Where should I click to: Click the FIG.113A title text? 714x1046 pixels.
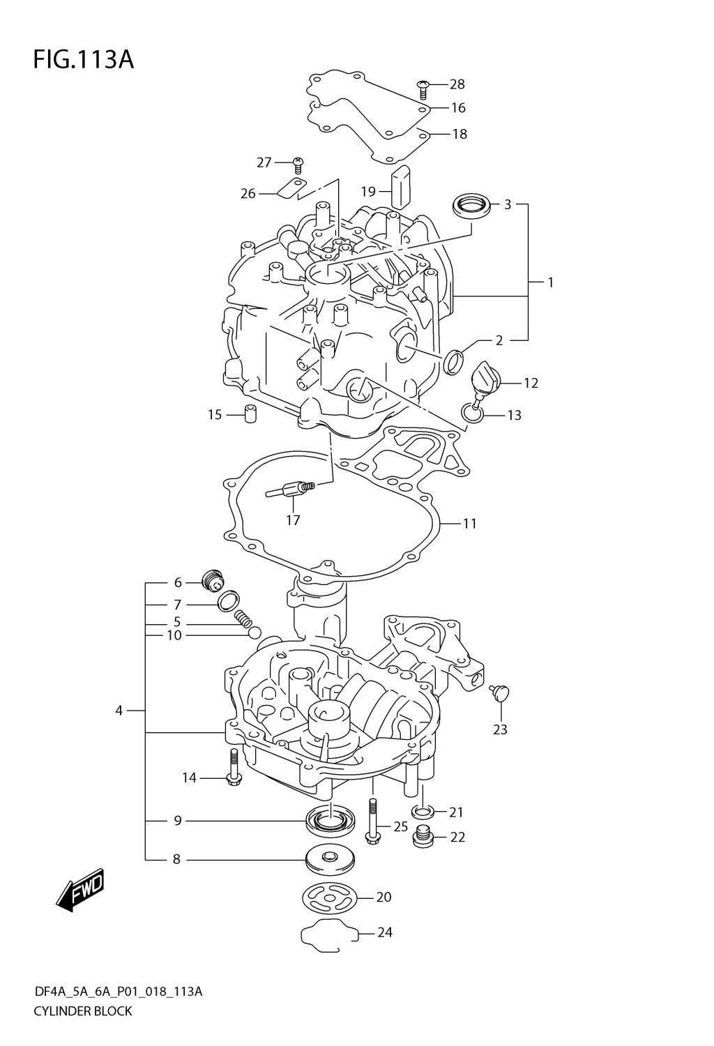point(83,60)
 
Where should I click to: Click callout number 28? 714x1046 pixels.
point(457,84)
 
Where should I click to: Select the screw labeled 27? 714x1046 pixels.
point(299,165)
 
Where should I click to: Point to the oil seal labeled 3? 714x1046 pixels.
point(470,206)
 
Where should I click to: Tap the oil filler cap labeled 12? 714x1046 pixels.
point(485,379)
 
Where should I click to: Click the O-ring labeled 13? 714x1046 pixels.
point(472,415)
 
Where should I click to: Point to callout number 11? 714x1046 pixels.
point(469,523)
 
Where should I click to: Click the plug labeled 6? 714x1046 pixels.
point(211,579)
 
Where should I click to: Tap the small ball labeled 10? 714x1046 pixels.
point(255,633)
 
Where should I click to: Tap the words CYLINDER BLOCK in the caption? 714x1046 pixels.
point(82,1010)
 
